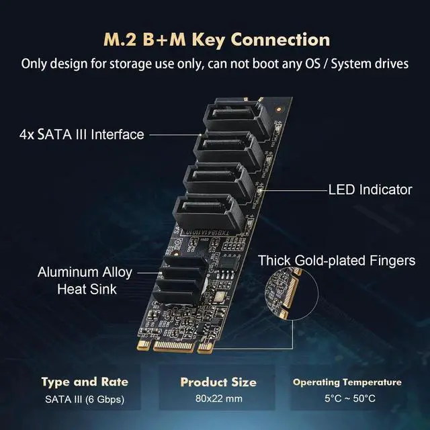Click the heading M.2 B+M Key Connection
[215, 39]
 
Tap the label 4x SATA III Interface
[81, 134]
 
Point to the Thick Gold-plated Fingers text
[337, 260]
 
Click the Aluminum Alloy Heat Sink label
[85, 281]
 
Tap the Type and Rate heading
[85, 382]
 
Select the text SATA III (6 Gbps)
[85, 399]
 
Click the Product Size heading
[218, 382]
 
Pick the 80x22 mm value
[218, 399]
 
